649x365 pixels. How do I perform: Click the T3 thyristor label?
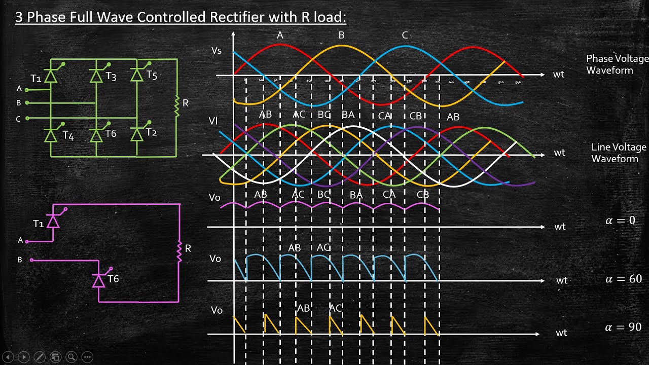tap(111, 77)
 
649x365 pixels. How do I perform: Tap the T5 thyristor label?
tap(152, 76)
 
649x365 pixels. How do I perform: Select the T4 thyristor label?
tap(68, 136)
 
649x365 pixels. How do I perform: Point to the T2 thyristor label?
tap(152, 133)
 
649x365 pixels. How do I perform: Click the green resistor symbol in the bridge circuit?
tap(177, 106)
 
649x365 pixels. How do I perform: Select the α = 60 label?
tap(624, 279)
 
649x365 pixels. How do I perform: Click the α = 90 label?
tap(624, 327)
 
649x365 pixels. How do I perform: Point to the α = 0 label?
tap(620, 221)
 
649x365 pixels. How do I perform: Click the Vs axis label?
tap(217, 51)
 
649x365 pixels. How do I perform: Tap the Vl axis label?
tap(213, 121)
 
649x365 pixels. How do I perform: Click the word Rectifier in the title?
tap(235, 17)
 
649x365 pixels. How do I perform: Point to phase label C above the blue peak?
tap(405, 35)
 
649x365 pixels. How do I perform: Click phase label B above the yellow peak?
tap(341, 35)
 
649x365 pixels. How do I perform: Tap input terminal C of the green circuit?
tap(27, 119)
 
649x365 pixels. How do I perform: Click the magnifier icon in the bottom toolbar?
tap(71, 357)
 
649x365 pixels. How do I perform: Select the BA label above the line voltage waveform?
tap(348, 115)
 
